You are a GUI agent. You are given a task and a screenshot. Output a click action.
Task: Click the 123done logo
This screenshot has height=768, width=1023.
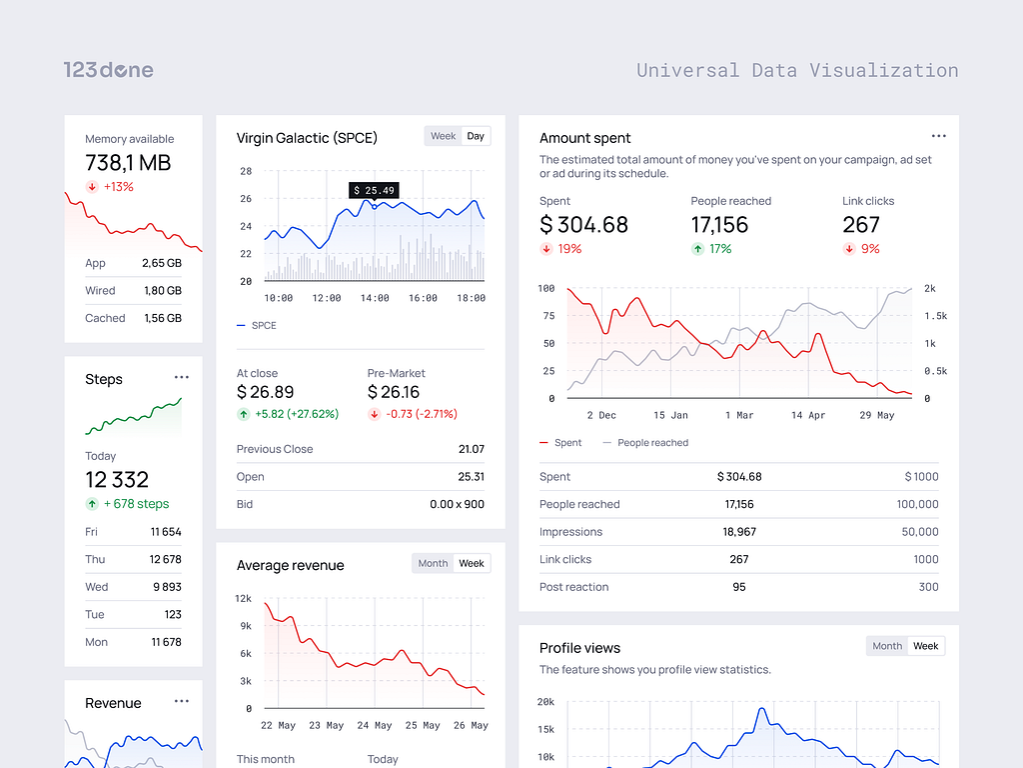[x=108, y=70]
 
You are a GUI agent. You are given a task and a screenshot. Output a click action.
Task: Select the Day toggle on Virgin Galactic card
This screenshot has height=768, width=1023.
[x=476, y=136]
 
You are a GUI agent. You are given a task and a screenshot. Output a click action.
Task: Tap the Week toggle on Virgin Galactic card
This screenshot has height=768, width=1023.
[x=443, y=136]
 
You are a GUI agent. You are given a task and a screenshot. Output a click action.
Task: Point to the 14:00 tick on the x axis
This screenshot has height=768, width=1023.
[x=375, y=298]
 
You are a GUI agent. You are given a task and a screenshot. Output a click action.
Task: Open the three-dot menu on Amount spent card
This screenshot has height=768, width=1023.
[x=938, y=136]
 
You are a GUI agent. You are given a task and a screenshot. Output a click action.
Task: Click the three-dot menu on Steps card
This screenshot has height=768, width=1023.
[x=181, y=378]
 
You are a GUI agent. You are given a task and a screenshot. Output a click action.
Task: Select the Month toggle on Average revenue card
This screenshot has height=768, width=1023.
[x=433, y=564]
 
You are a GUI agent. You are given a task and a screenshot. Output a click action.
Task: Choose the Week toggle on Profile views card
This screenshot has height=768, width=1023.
[x=925, y=646]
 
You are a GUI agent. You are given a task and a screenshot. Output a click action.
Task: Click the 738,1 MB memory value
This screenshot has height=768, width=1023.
[x=128, y=163]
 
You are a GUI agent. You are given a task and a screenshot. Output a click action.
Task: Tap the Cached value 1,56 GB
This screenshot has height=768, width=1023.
[x=163, y=318]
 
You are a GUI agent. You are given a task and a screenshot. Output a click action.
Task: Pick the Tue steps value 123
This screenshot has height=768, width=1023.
[x=173, y=615]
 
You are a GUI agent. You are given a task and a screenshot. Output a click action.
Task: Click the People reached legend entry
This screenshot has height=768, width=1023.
[x=652, y=443]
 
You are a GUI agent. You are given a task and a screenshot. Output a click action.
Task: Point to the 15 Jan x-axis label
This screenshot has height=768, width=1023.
[x=671, y=415]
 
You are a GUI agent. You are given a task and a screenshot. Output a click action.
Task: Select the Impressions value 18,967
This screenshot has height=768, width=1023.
[x=739, y=532]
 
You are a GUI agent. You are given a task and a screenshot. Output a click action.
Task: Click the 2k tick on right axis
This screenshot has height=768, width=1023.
[x=930, y=288]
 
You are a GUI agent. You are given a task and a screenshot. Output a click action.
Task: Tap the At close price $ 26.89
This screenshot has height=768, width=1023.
[x=266, y=392]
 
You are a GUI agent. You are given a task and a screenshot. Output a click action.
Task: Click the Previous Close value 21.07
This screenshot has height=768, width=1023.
[x=471, y=449]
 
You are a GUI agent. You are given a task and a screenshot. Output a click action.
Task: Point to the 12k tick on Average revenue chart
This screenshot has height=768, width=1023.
[x=243, y=599]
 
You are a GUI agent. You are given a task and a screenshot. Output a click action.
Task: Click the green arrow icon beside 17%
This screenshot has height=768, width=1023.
[x=697, y=249]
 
